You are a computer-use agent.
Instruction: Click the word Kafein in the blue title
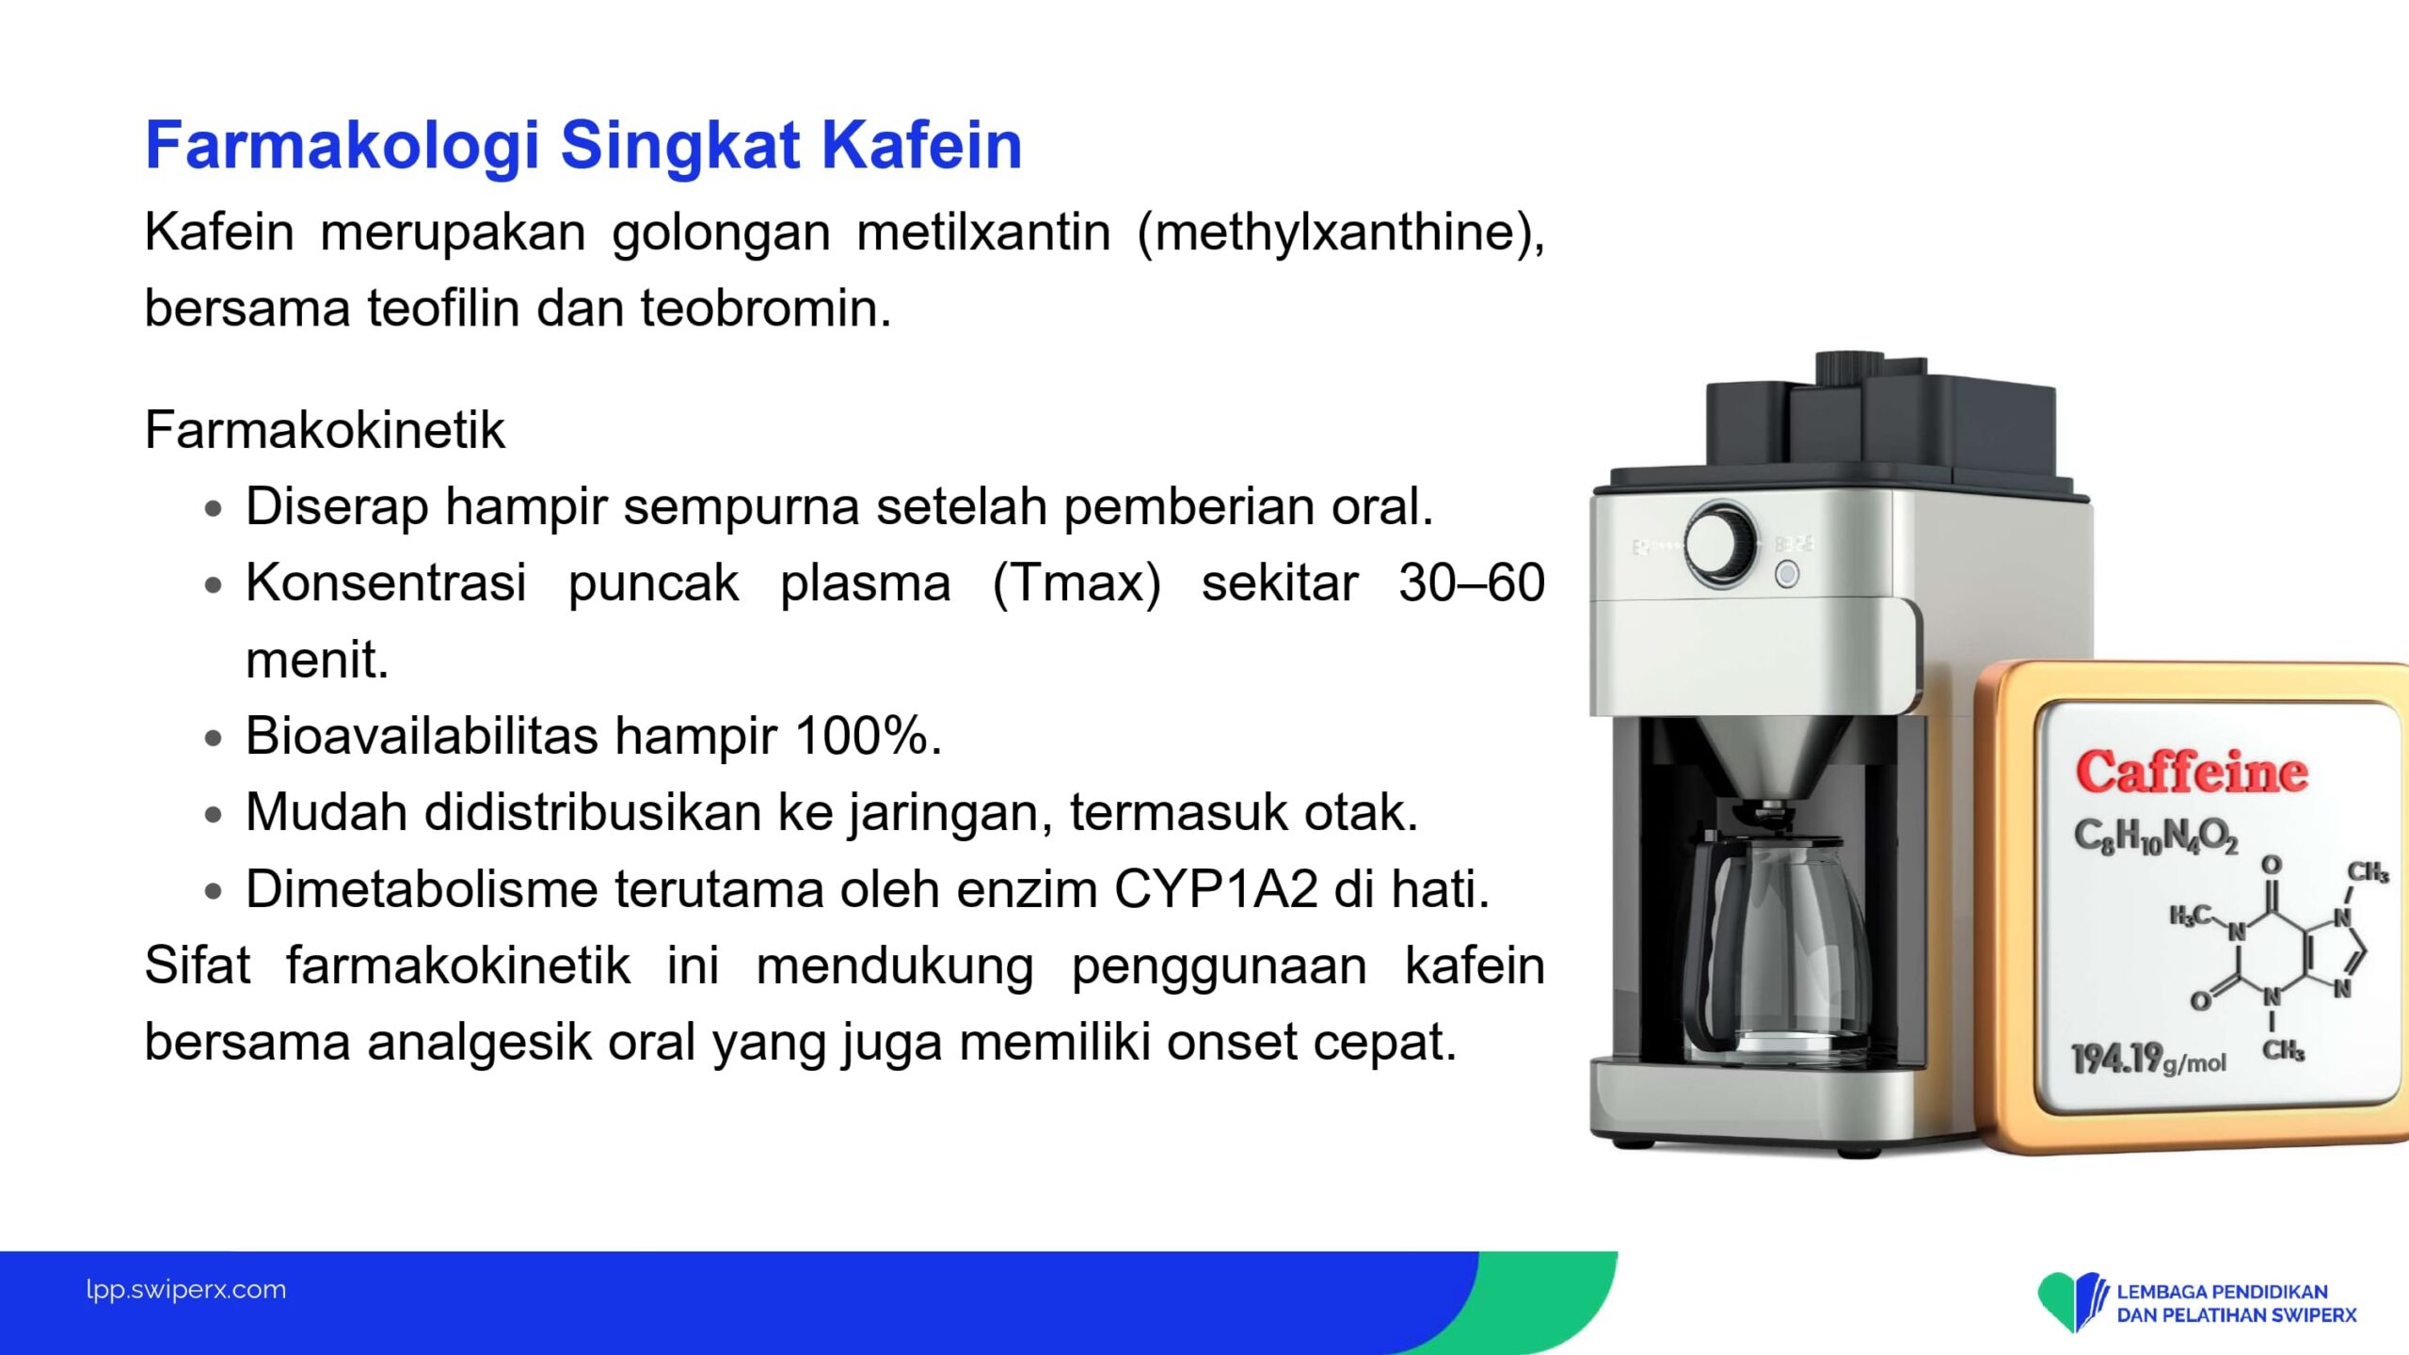(921, 145)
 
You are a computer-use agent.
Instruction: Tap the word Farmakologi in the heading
(343, 147)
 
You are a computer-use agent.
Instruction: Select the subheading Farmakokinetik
(325, 430)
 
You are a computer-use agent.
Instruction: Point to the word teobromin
(766, 308)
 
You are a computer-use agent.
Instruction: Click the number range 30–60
(1472, 582)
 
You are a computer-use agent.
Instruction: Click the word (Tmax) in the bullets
(1077, 583)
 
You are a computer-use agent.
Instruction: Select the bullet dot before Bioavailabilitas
(214, 738)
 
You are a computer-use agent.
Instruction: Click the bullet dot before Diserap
(214, 509)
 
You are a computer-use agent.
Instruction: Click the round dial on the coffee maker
(1721, 544)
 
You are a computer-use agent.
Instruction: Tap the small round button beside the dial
(1787, 574)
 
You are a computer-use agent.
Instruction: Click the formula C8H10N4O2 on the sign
(2155, 836)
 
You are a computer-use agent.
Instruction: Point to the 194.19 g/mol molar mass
(2148, 1060)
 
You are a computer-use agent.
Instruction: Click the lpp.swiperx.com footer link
(186, 1290)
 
